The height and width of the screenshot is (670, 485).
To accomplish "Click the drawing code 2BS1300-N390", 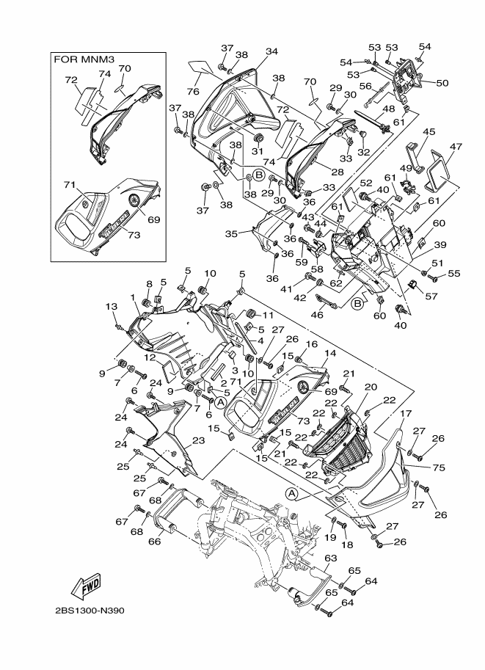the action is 90,611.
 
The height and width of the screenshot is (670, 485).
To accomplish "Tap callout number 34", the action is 271,51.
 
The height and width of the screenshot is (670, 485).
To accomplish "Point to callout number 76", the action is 193,92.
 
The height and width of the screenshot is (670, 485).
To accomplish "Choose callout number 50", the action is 442,82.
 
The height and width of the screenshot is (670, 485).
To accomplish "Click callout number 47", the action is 456,147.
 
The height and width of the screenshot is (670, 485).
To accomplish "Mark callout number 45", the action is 429,131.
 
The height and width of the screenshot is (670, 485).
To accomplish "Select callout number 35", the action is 231,234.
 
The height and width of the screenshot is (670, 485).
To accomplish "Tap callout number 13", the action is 111,306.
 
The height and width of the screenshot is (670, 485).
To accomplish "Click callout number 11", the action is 268,316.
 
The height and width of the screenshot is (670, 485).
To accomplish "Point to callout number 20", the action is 371,387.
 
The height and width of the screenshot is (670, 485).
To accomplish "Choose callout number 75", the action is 439,467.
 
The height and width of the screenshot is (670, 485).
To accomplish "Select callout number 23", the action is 199,440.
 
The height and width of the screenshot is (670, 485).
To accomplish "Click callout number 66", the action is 154,541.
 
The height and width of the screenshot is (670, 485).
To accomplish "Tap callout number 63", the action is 331,558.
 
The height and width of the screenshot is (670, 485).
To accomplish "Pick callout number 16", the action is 312,345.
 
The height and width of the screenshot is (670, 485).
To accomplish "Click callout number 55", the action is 453,273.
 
